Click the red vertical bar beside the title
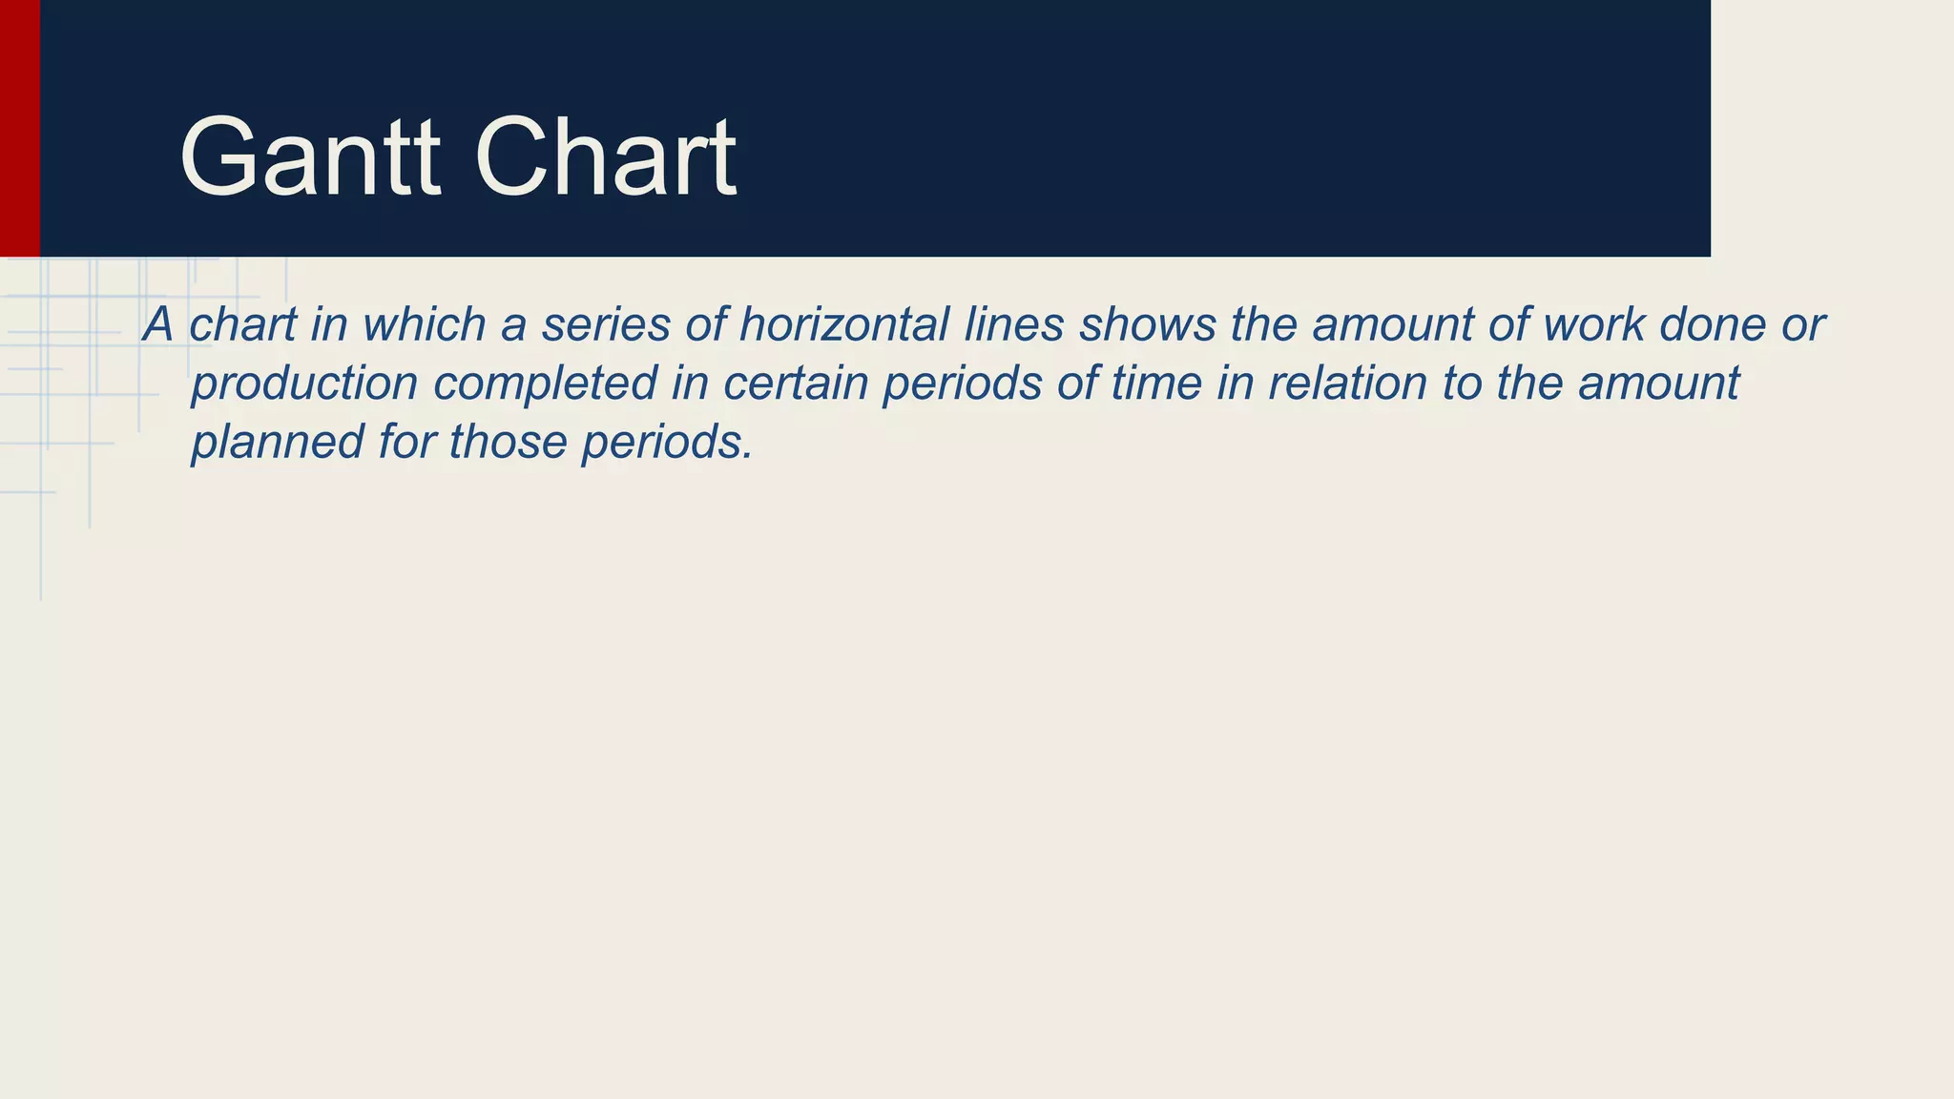19,128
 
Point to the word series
606,324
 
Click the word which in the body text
425,324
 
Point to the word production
304,384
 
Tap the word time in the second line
1155,384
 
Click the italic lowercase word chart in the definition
242,324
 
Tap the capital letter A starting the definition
158,324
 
